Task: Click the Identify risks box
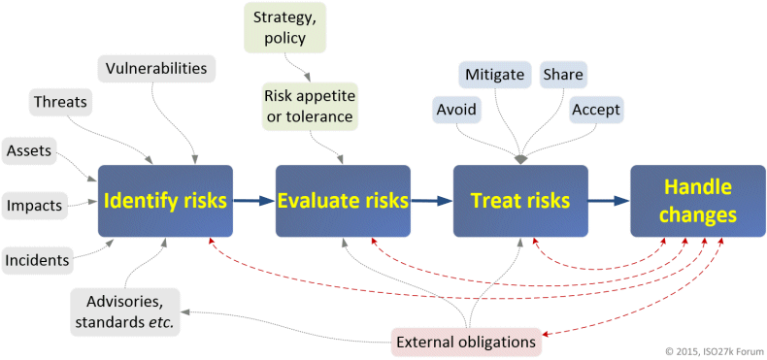pos(165,201)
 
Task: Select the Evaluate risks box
pos(343,201)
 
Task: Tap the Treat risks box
pos(520,201)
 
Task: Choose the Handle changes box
pos(698,201)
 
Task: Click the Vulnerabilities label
pos(152,69)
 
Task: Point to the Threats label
pos(60,102)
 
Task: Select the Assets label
pos(29,151)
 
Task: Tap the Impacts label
pos(35,206)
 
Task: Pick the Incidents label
pos(37,261)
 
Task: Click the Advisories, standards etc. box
pos(124,312)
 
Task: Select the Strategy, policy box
pos(285,27)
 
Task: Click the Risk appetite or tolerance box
pos(310,106)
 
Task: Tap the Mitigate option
pos(495,75)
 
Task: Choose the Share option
pos(563,75)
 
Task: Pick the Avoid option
pos(456,110)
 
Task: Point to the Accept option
pos(596,110)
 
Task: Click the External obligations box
pos(467,342)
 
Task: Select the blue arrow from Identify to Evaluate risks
pos(254,201)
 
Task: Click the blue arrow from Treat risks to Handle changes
pos(609,201)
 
